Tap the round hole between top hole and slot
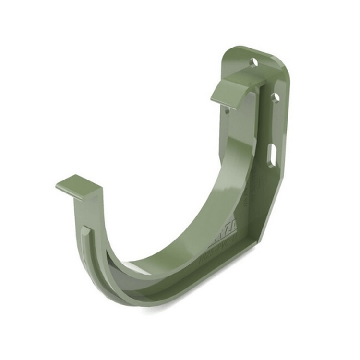click(x=275, y=98)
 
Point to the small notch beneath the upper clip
click(x=228, y=111)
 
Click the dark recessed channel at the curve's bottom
click(x=144, y=283)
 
